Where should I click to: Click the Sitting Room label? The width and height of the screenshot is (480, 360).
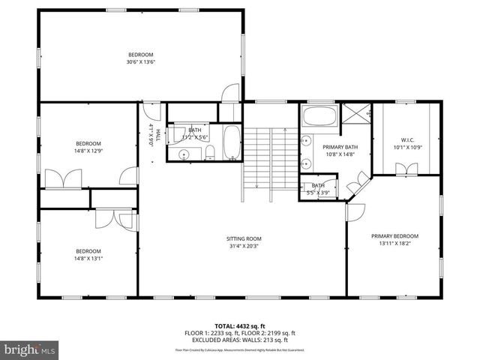[x=244, y=239]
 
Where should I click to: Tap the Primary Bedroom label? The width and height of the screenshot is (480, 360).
[x=394, y=235]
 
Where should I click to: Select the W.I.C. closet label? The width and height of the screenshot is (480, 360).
[x=408, y=139]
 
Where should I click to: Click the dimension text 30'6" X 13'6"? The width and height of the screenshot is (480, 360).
[x=140, y=63]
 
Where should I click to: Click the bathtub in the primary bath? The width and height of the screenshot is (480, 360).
[x=320, y=117]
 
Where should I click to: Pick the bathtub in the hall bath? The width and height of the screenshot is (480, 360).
[x=232, y=142]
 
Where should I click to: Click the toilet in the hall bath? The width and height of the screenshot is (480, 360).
[x=211, y=154]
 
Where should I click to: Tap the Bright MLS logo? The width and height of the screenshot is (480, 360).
[x=30, y=349]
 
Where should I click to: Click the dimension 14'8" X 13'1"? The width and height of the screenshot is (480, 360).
[x=88, y=259]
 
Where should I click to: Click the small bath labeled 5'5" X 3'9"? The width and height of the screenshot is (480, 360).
[x=319, y=188]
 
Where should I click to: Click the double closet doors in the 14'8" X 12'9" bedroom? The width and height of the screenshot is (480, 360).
[x=63, y=179]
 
